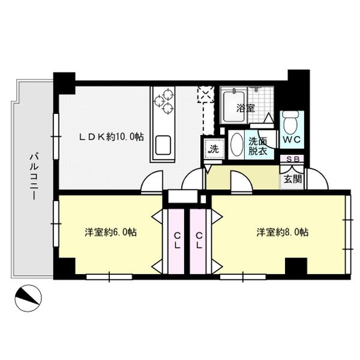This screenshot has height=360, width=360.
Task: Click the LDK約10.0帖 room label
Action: tap(112, 137)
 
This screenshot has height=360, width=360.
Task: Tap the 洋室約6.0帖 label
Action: tap(111, 232)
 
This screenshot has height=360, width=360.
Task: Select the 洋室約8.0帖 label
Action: tap(283, 232)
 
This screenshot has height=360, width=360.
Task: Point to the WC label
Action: tap(292, 140)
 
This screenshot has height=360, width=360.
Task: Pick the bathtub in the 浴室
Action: tap(234, 107)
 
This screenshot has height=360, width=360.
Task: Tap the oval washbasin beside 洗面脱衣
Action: tap(236, 145)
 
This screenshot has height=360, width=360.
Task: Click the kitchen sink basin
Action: tap(163, 145)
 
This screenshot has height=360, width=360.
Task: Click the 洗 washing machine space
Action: tap(214, 149)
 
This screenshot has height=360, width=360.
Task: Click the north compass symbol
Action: tap(28, 298)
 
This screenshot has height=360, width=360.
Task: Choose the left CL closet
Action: tap(176, 241)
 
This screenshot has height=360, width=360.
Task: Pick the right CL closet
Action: tap(199, 241)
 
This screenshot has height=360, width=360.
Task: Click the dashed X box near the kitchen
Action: tap(206, 94)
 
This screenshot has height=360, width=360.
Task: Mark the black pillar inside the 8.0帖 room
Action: tap(296, 266)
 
